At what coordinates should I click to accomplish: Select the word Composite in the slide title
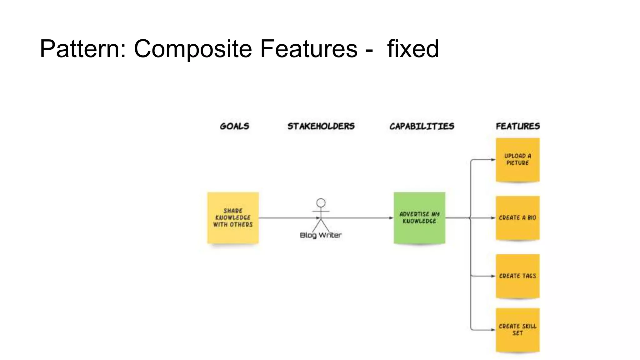pyautogui.click(x=193, y=49)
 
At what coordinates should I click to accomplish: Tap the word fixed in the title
pyautogui.click(x=413, y=49)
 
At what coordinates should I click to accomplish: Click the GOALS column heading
pyautogui.click(x=234, y=126)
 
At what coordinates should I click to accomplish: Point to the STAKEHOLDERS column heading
pyautogui.click(x=321, y=126)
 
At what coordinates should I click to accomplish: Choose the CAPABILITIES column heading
pyautogui.click(x=422, y=126)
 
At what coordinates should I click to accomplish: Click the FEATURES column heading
pyautogui.click(x=518, y=126)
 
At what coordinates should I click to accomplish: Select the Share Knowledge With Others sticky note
pyautogui.click(x=233, y=218)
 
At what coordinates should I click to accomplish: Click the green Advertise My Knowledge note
pyautogui.click(x=419, y=218)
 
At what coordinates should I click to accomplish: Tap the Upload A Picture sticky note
pyautogui.click(x=518, y=160)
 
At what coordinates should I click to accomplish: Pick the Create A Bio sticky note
pyautogui.click(x=518, y=218)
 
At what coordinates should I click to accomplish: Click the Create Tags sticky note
pyautogui.click(x=518, y=276)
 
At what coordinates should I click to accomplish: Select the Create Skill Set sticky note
pyautogui.click(x=518, y=330)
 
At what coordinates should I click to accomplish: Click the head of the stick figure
pyautogui.click(x=321, y=203)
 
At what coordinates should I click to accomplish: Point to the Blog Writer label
pyautogui.click(x=321, y=235)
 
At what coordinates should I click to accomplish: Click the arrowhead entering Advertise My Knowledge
pyautogui.click(x=391, y=218)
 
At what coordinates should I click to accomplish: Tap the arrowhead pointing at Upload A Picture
pyautogui.click(x=493, y=160)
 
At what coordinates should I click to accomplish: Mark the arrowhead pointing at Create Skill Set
pyautogui.click(x=493, y=330)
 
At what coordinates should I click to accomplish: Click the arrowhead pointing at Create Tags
pyautogui.click(x=493, y=276)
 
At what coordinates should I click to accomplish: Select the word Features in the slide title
pyautogui.click(x=308, y=49)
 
